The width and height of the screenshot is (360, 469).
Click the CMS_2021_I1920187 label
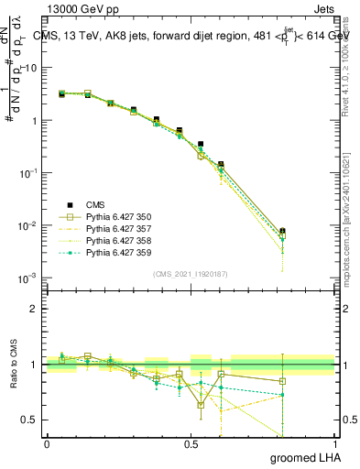(x=191, y=274)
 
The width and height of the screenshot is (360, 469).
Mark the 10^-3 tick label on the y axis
(x=27, y=278)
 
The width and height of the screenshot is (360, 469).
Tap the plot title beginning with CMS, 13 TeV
(x=197, y=36)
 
